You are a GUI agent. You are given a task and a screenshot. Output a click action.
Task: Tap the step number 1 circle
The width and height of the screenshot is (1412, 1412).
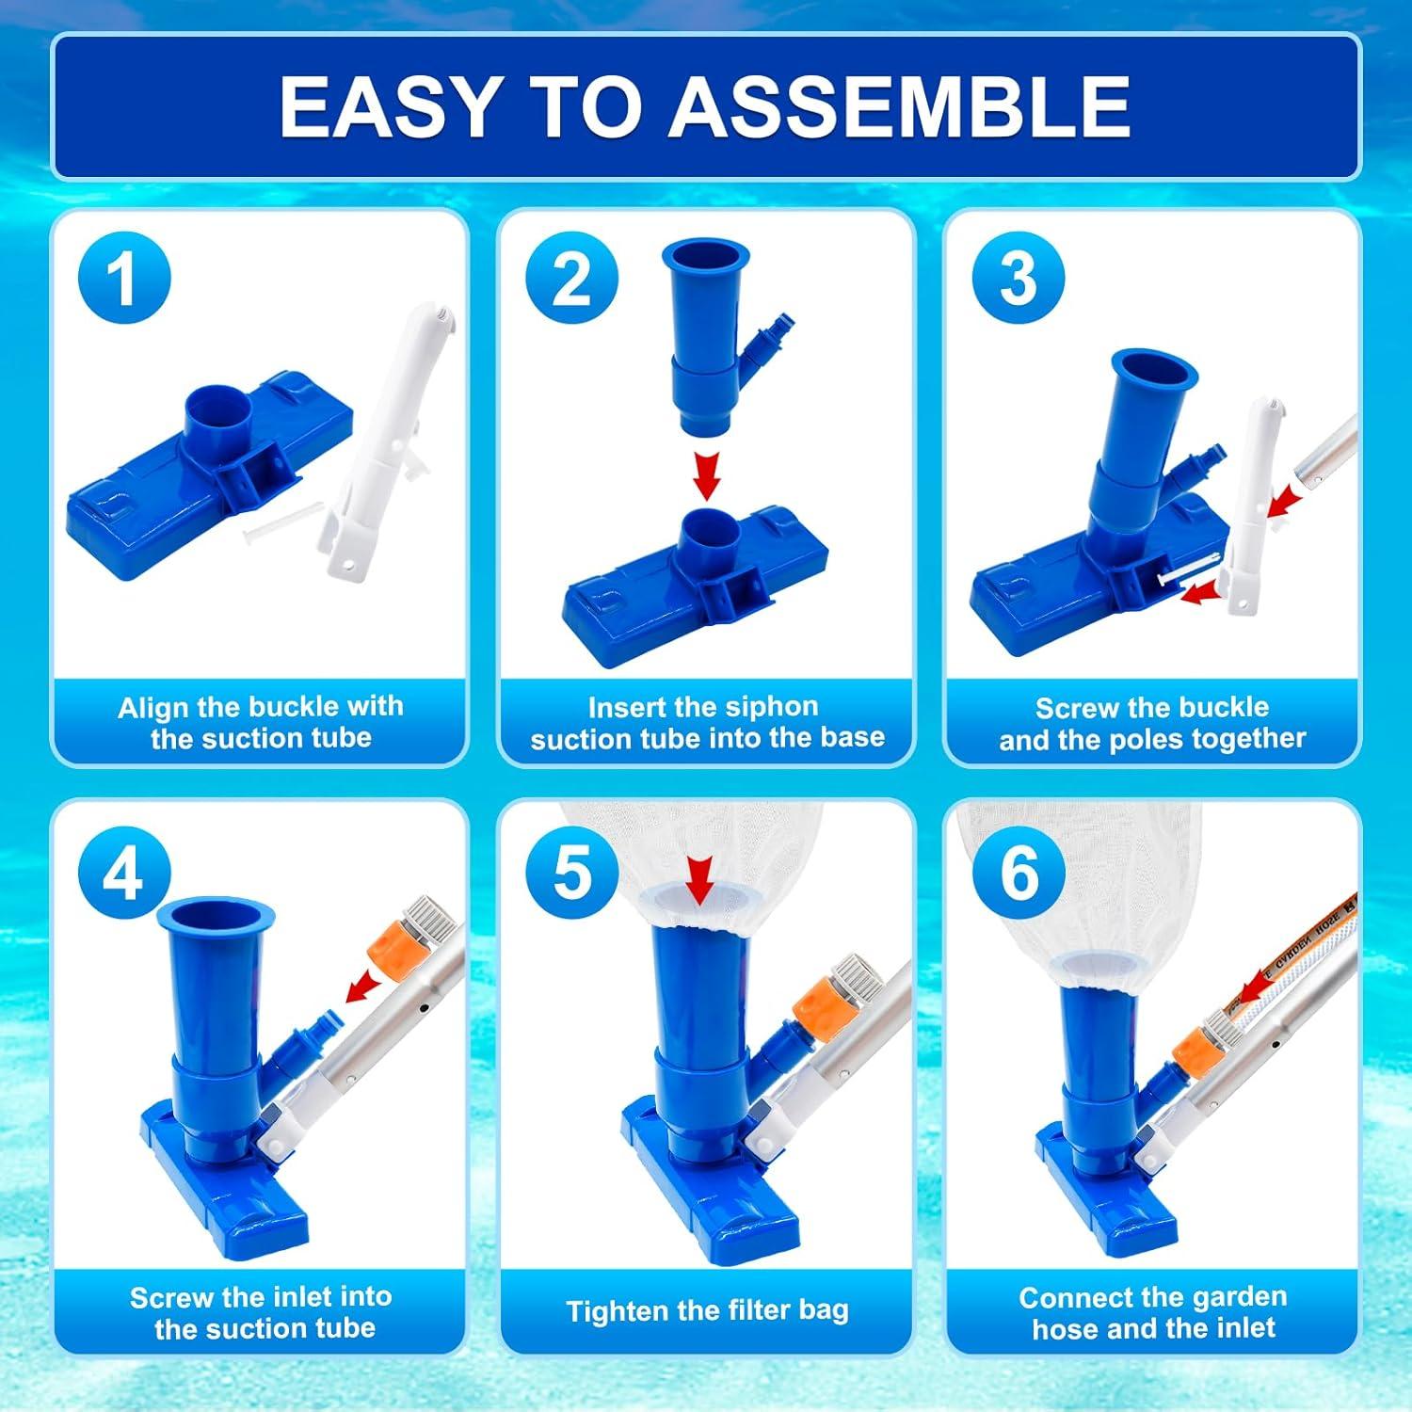(x=123, y=278)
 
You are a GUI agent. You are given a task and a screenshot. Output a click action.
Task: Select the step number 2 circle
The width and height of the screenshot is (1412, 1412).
(x=571, y=278)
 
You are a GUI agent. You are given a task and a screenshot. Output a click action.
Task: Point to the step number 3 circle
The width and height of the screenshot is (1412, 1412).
(x=1018, y=278)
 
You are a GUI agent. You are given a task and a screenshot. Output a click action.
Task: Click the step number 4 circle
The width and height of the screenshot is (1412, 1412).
(x=123, y=874)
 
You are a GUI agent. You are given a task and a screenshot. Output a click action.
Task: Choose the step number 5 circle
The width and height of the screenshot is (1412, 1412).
(x=571, y=874)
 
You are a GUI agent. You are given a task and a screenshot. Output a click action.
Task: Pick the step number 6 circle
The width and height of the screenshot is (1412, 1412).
(x=1018, y=874)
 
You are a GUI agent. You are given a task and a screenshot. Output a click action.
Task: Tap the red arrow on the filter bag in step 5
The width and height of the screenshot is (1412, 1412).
(x=698, y=881)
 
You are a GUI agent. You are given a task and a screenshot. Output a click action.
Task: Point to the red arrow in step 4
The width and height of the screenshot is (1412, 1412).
(x=363, y=988)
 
